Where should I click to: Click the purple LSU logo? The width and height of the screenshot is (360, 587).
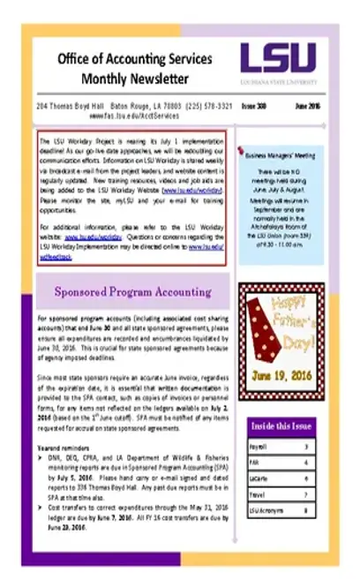(276, 60)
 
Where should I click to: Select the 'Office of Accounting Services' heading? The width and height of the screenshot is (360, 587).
(134, 59)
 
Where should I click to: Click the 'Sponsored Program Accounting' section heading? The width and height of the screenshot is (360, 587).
(133, 290)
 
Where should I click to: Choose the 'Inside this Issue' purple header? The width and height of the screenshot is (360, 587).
(281, 425)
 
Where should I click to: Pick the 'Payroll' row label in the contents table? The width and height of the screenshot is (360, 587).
(260, 448)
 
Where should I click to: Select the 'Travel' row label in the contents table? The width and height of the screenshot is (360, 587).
(259, 495)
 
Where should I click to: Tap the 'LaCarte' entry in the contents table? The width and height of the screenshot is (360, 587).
(260, 479)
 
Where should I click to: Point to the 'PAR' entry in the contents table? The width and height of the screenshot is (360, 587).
(256, 463)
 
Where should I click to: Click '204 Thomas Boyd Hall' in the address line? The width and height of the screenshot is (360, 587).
(70, 105)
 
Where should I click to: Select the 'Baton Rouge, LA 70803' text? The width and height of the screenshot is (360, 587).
(146, 105)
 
